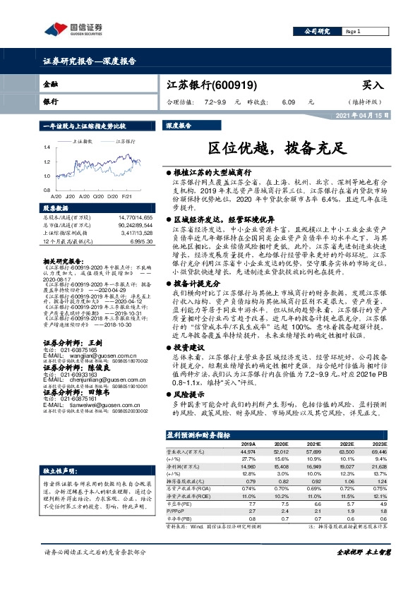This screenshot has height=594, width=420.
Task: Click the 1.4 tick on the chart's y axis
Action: (x=48, y=147)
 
